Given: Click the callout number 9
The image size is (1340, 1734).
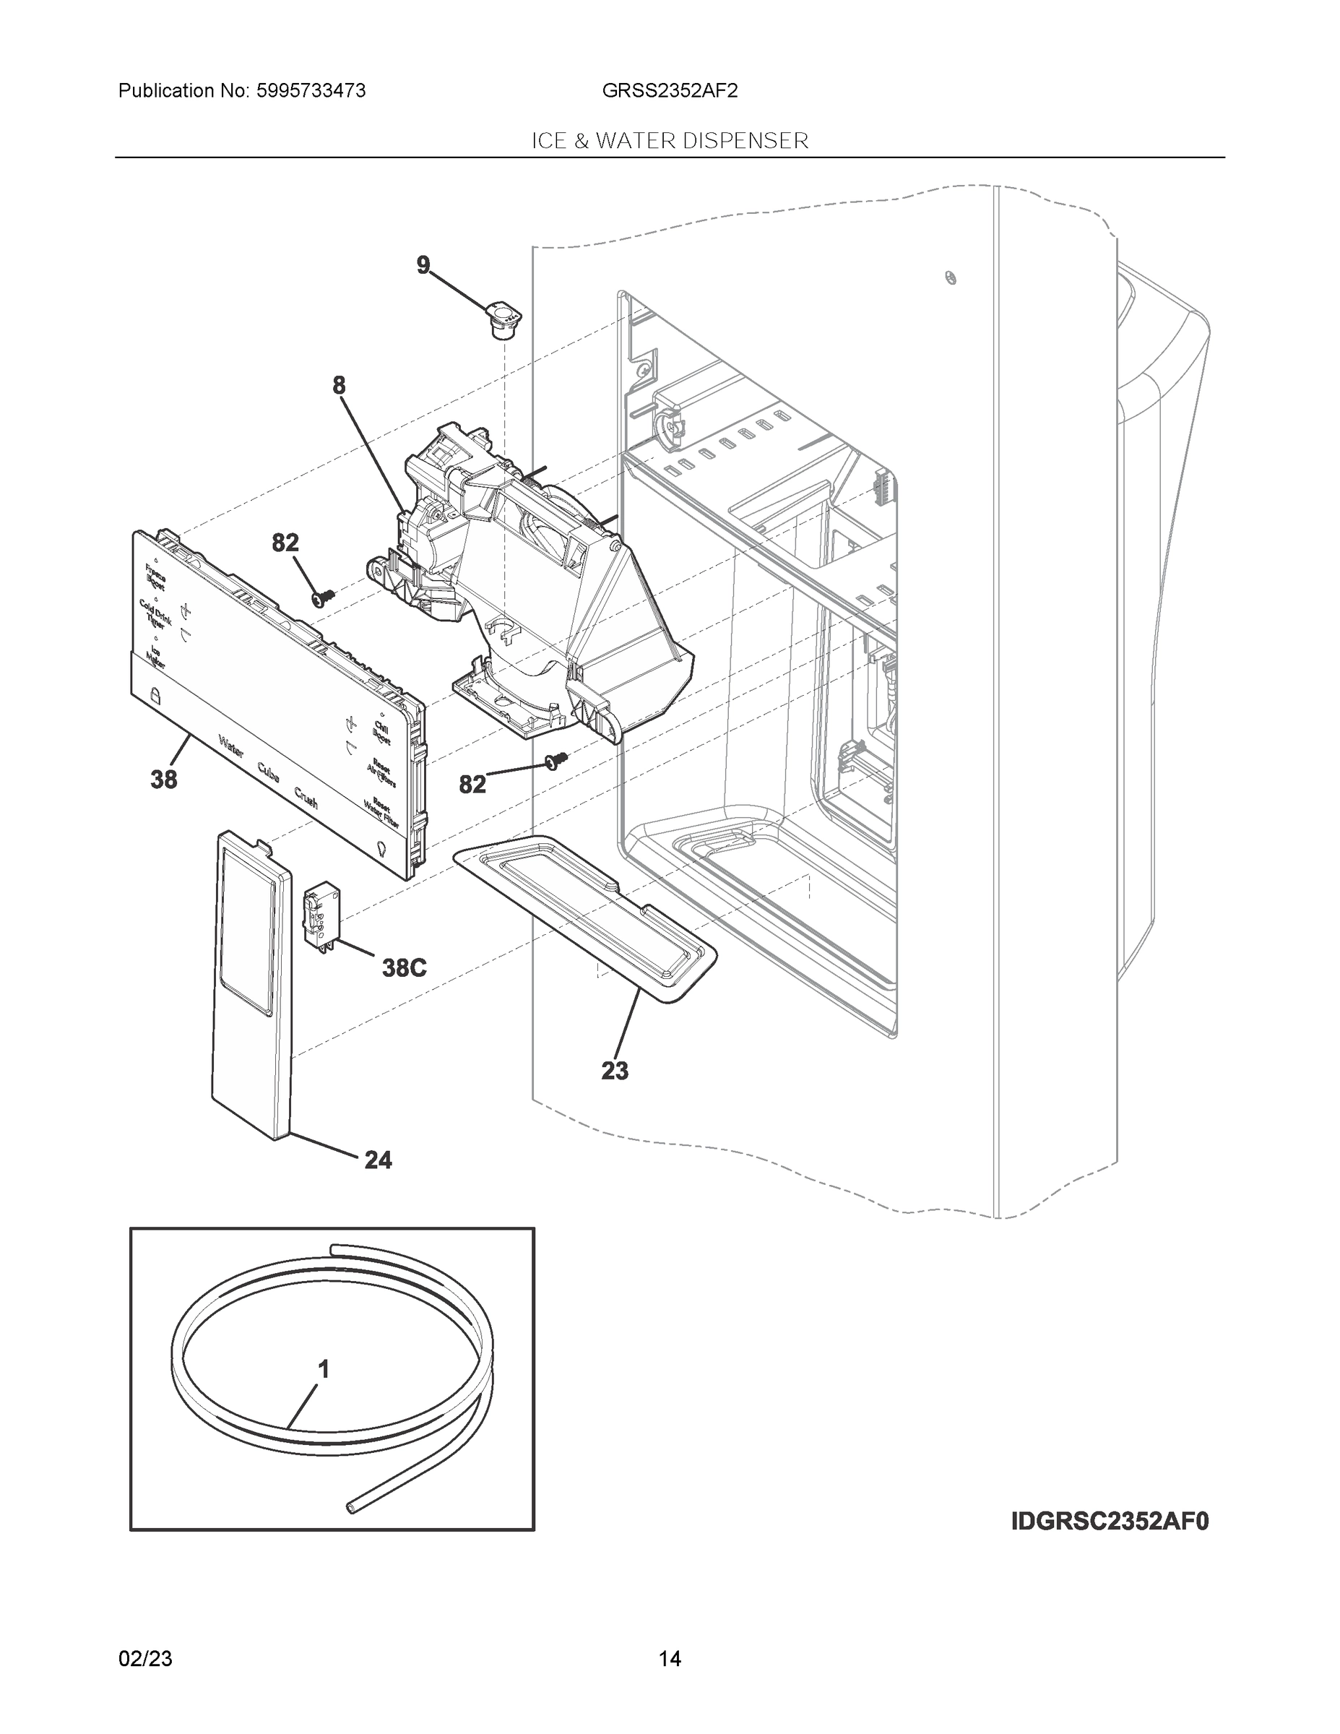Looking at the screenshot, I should pyautogui.click(x=423, y=264).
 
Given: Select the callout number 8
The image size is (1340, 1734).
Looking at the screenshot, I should pyautogui.click(x=339, y=386).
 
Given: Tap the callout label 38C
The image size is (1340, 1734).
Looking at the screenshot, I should pyautogui.click(x=404, y=968).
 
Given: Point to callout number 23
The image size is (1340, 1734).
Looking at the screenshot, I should pyautogui.click(x=615, y=1071).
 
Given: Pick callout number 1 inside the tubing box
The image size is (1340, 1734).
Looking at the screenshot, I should pyautogui.click(x=323, y=1369).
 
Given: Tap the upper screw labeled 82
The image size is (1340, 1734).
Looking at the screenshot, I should pyautogui.click(x=324, y=596).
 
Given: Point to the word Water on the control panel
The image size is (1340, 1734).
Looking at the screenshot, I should pyautogui.click(x=231, y=746).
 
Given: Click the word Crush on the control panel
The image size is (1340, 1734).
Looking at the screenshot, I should pyautogui.click(x=306, y=797).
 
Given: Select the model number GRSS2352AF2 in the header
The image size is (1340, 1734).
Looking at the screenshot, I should pyautogui.click(x=669, y=90).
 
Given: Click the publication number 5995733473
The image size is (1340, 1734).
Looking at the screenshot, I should pyautogui.click(x=311, y=90).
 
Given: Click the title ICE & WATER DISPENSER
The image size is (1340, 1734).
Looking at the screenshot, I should pyautogui.click(x=669, y=141).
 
